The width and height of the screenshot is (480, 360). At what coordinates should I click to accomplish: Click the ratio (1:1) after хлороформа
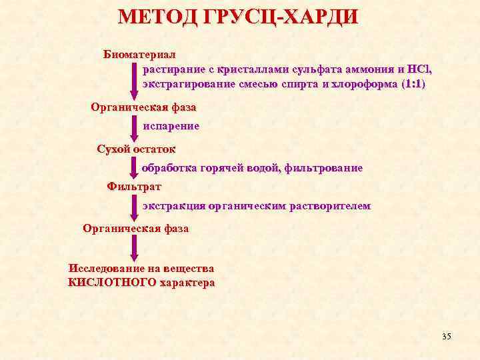tap(413, 85)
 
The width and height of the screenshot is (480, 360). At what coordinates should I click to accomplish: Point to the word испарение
tap(171, 125)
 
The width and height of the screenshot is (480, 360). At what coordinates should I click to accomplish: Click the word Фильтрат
tap(133, 186)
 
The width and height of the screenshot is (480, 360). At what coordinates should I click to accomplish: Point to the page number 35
tap(446, 337)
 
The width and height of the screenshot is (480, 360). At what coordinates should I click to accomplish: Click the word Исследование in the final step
tap(105, 269)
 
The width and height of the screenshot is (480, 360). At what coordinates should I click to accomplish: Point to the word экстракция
tap(173, 207)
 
